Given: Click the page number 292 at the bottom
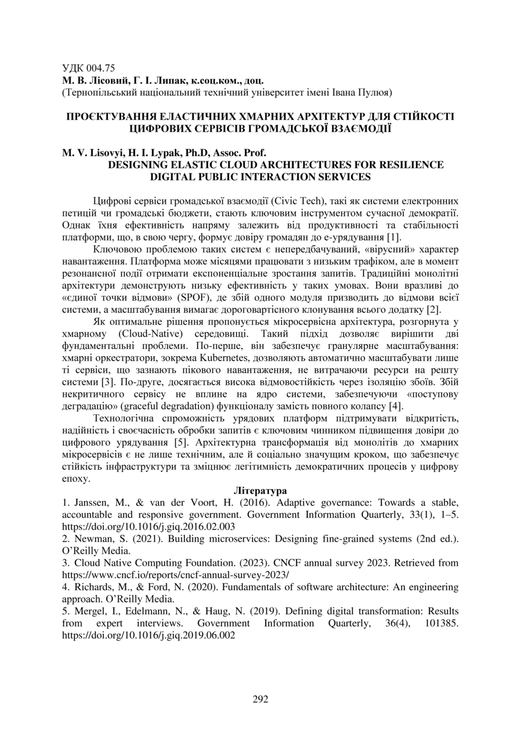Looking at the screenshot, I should pos(260,699).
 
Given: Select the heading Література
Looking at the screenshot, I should pos(260,491).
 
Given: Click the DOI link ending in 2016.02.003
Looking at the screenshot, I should pos(149,526).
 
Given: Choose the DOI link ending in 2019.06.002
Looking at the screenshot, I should pos(149,635).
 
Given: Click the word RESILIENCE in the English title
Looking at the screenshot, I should pos(408,164).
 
